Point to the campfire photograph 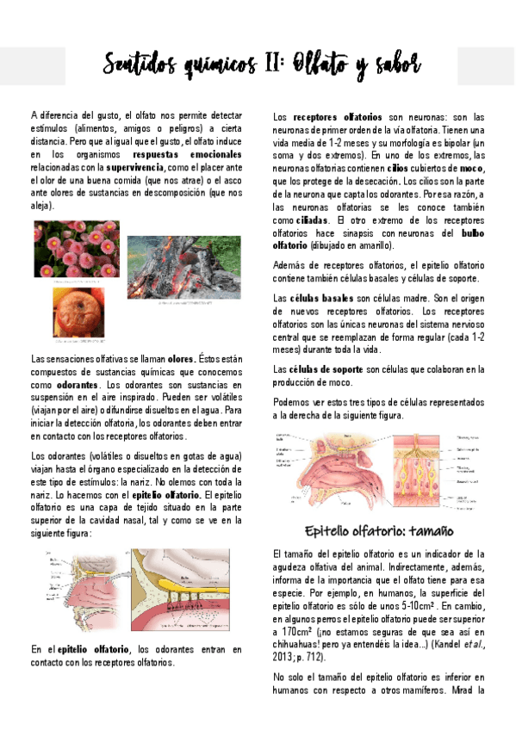pyautogui.click(x=184, y=268)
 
